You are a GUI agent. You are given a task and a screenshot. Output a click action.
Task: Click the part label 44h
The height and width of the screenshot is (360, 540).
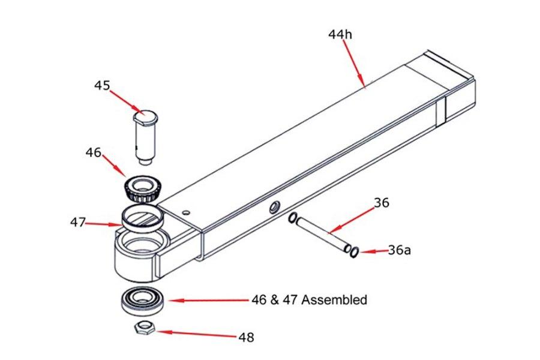coord(340,34)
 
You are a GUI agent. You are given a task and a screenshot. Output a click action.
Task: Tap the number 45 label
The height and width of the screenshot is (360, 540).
coord(102,85)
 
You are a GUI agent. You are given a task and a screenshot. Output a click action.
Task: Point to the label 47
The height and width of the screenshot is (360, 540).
coord(78,223)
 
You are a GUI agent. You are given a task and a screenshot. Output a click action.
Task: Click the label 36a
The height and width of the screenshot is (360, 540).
coord(400,250)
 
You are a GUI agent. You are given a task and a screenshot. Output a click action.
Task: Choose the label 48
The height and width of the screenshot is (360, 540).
coord(246,338)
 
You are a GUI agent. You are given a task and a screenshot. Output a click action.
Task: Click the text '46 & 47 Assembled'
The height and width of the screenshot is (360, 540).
coord(309,299)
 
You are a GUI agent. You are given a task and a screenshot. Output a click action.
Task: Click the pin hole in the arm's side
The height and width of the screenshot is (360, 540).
coord(274,208)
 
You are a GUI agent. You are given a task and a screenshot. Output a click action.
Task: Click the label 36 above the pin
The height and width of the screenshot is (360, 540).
coord(381,203)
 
